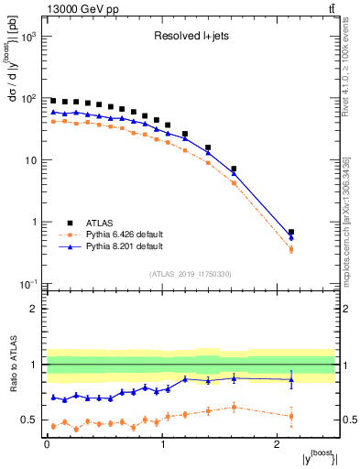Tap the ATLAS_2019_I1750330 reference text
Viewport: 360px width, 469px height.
190,274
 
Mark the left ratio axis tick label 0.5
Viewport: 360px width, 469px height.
29,420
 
